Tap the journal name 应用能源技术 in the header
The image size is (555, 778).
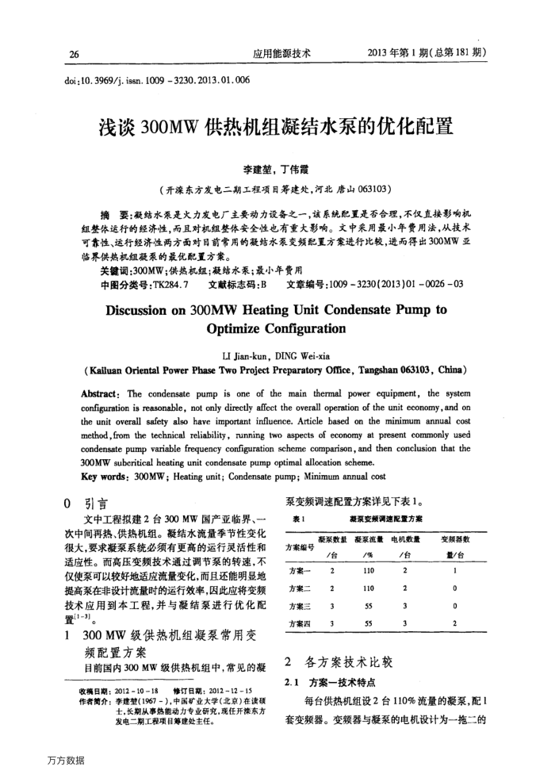(x=281, y=54)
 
